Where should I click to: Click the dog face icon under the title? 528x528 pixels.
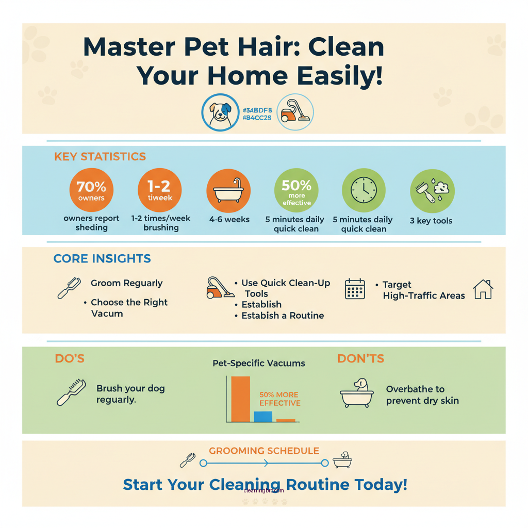tap(221, 112)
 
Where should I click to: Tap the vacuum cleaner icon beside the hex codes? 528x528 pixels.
tap(295, 112)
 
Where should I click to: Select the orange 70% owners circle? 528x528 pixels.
tap(91, 190)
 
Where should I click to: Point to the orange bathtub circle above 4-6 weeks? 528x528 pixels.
tap(228, 190)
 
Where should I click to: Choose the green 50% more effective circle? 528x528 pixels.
tap(296, 190)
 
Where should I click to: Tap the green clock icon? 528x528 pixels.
tap(364, 190)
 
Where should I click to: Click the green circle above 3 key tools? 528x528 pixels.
tap(432, 190)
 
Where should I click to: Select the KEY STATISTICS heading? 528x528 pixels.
tap(100, 157)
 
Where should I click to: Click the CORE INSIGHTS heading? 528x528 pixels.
tap(102, 259)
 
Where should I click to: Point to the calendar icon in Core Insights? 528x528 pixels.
tap(354, 289)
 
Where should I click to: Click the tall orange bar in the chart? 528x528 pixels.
tap(240, 399)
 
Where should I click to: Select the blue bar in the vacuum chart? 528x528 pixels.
tap(263, 417)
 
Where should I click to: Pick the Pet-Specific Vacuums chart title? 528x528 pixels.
tap(259, 363)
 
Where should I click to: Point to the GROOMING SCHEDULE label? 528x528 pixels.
tap(264, 451)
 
